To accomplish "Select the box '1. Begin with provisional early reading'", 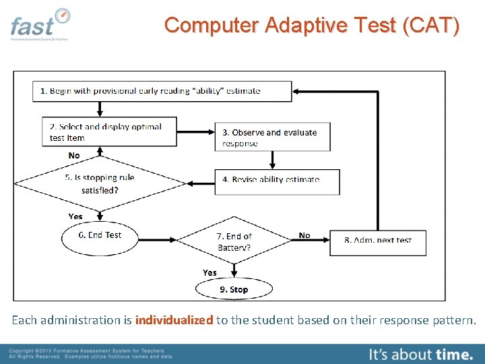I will point(162,91).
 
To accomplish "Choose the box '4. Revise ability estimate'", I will point(277,180).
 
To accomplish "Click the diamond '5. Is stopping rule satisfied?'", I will point(100,183).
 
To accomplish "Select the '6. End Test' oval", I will point(100,235).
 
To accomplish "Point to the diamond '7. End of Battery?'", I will point(234,241).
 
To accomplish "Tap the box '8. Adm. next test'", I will point(378,241).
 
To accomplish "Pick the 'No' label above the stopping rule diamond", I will point(74,156).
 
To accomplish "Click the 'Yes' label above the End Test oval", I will point(75,216).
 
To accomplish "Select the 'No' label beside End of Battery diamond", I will point(304,235).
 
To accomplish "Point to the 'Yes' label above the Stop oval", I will point(210,272).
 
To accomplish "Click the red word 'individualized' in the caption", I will point(174,320).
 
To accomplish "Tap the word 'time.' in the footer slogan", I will point(454,353).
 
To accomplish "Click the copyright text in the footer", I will point(91,354).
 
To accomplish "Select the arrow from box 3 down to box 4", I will point(273,160).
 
